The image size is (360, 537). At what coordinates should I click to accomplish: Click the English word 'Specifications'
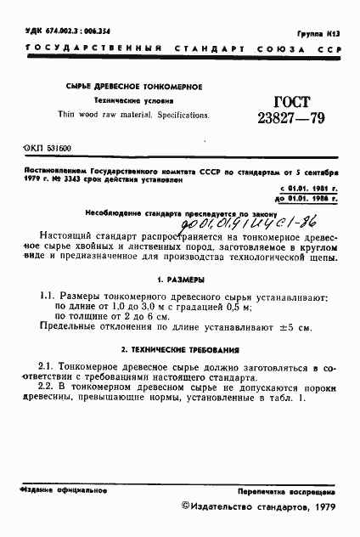point(179,113)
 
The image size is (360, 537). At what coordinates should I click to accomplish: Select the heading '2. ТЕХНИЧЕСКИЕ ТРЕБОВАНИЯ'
point(179,349)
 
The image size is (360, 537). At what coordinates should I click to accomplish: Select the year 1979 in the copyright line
point(325,506)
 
